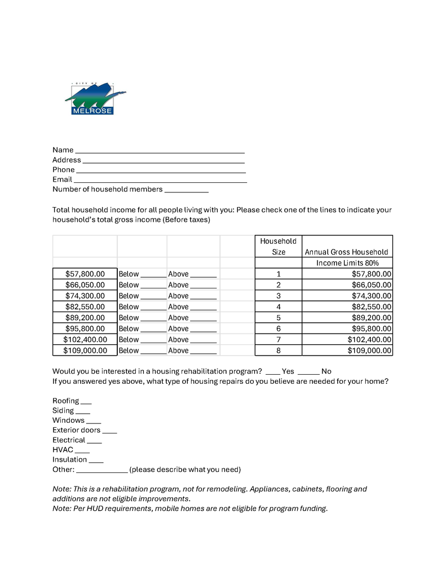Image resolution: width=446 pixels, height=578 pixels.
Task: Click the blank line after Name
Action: click(160, 151)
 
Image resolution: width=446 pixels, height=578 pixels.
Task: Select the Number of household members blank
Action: click(186, 190)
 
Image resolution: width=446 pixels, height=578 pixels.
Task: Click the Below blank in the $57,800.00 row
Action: click(153, 275)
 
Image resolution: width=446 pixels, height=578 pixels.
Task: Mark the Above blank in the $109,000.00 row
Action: click(203, 352)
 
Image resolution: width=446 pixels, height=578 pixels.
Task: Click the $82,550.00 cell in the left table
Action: click(85, 306)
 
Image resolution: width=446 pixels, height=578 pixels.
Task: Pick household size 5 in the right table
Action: click(278, 318)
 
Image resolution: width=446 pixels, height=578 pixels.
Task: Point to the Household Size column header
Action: click(278, 247)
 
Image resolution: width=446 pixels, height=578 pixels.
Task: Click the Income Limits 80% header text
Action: click(347, 263)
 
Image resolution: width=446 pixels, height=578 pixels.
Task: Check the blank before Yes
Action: click(272, 373)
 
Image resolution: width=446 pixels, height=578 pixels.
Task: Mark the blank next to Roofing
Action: click(86, 402)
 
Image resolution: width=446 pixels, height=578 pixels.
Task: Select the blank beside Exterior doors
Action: click(109, 431)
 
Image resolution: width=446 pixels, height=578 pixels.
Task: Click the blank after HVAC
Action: click(82, 451)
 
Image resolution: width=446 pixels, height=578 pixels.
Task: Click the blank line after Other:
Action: click(101, 471)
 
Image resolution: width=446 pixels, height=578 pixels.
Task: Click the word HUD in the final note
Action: click(99, 509)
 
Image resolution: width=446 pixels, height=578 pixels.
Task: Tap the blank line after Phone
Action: click(160, 170)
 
